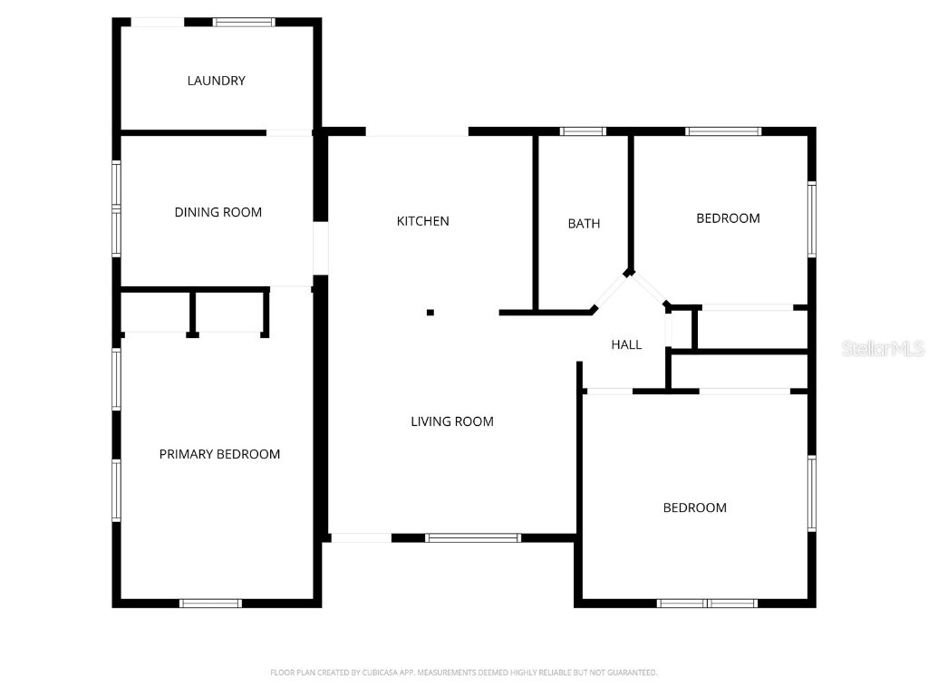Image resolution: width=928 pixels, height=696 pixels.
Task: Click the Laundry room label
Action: tap(216, 81)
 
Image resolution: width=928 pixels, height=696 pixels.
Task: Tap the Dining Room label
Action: tap(217, 212)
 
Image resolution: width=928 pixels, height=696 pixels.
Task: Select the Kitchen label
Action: tap(422, 221)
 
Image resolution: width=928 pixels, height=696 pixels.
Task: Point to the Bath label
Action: tap(584, 224)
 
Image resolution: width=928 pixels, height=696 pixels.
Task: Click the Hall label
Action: tap(626, 344)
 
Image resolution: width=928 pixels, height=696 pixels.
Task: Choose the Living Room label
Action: tap(452, 421)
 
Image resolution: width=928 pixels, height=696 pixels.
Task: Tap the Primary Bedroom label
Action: tap(219, 454)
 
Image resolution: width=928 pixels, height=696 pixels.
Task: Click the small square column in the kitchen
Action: tap(430, 313)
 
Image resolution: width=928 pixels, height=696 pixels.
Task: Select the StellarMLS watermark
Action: tap(882, 348)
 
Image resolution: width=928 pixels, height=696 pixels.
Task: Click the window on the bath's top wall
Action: tap(583, 131)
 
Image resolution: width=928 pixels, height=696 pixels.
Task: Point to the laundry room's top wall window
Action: tap(244, 22)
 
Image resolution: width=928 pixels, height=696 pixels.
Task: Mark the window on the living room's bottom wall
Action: tap(473, 537)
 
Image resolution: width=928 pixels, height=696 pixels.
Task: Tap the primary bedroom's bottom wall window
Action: tap(210, 603)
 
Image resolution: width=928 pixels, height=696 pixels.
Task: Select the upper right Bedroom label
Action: tap(728, 218)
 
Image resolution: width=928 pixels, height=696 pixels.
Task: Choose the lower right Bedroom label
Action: tap(695, 507)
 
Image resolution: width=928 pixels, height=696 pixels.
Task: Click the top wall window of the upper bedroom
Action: tap(723, 131)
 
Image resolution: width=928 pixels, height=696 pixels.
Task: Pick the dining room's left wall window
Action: tap(116, 208)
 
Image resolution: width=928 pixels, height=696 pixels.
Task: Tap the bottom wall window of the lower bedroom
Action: tap(707, 603)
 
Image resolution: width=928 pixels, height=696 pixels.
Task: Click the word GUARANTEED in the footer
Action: tap(631, 672)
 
